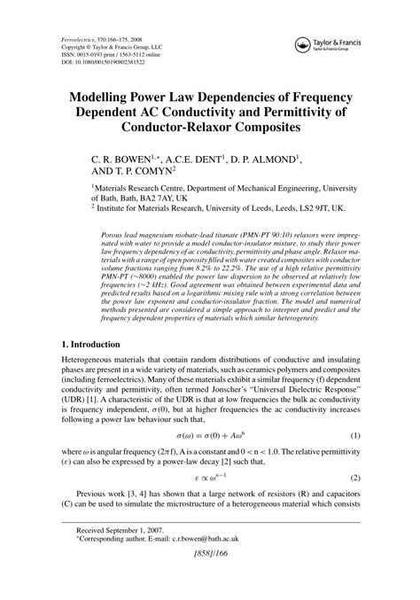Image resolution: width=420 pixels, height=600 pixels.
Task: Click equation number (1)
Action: (x=355, y=462)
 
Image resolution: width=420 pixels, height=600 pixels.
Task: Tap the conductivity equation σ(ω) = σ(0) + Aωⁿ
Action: (x=210, y=462)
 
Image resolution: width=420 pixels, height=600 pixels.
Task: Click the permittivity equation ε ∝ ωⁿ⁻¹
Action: (x=209, y=502)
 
